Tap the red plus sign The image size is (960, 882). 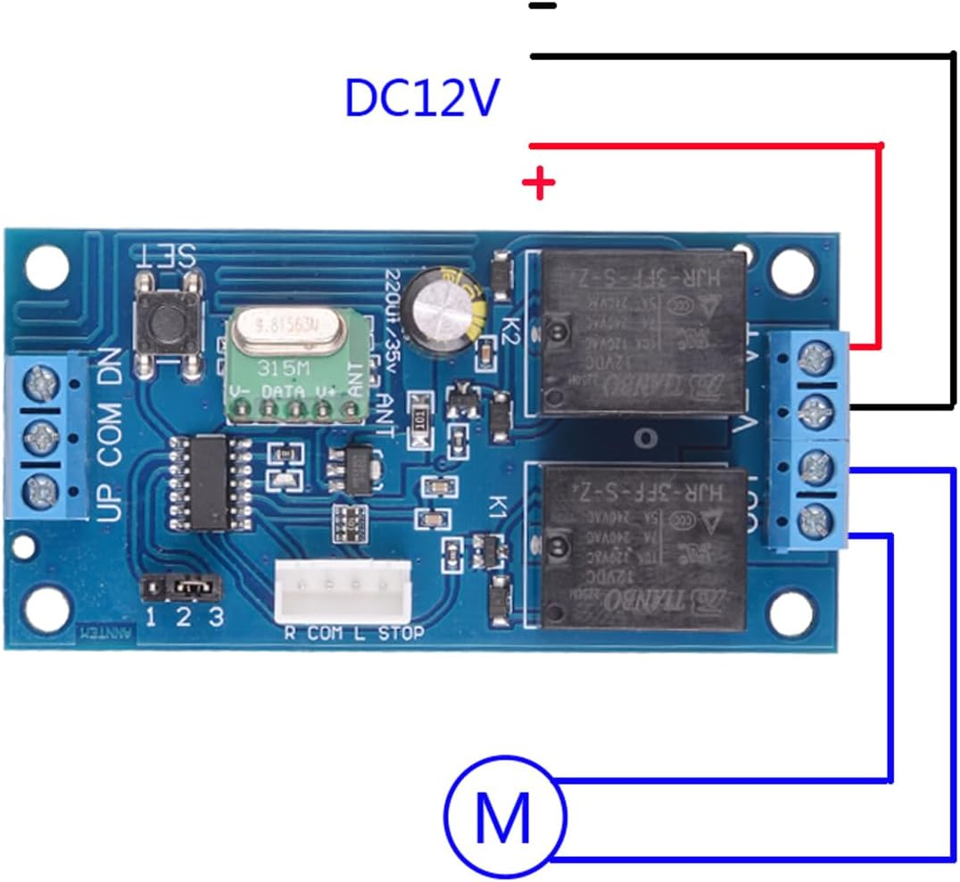pos(539,185)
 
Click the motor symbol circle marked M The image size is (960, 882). pos(504,814)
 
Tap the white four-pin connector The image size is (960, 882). pos(343,590)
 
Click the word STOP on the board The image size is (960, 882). pos(401,634)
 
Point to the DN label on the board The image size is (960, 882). pos(112,364)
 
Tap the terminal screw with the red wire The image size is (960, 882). pos(812,360)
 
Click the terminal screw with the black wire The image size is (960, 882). pos(812,410)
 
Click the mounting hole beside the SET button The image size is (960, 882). pos(46,265)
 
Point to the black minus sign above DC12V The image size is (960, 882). pos(542,6)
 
